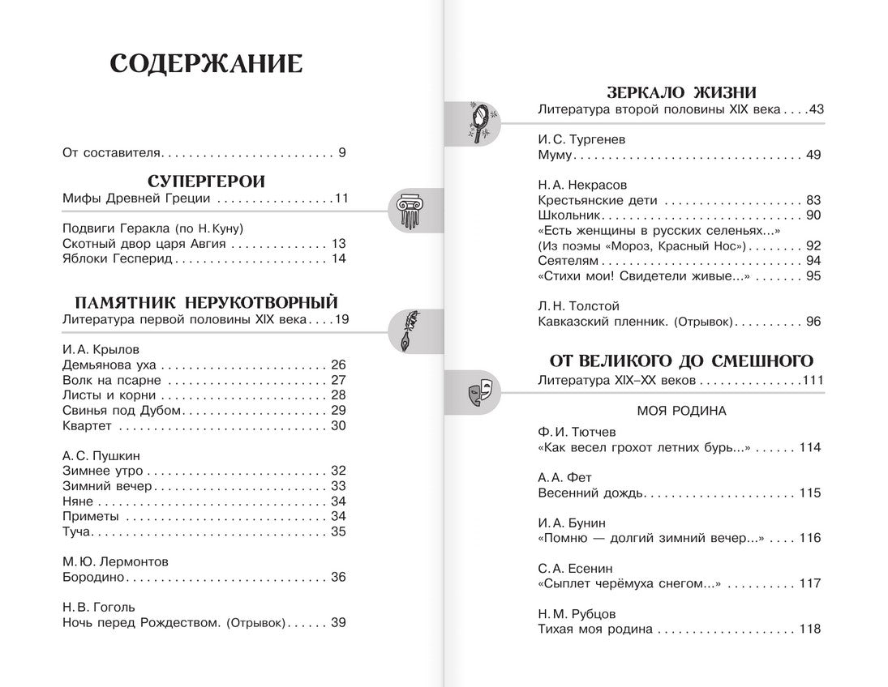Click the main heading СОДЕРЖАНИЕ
point(206,64)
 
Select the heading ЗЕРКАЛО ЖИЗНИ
point(683,92)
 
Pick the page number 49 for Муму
point(813,155)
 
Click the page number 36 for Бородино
point(338,577)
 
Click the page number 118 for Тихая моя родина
point(810,629)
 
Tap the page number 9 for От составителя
point(342,151)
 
